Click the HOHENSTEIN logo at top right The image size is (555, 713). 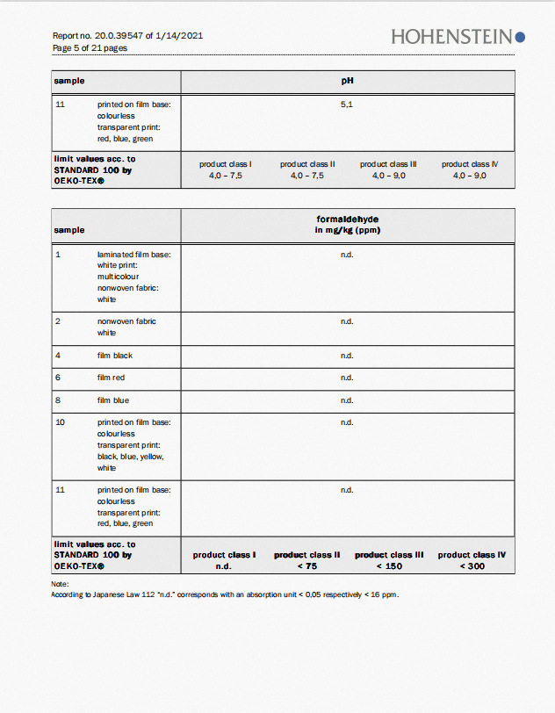(x=458, y=36)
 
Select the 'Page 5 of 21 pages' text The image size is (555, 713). (x=90, y=47)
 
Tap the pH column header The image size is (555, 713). (x=347, y=81)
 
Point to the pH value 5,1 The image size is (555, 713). (x=347, y=104)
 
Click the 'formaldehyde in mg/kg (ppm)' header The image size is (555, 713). (x=347, y=224)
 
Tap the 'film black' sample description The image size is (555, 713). (x=115, y=356)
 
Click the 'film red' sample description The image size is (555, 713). (x=112, y=378)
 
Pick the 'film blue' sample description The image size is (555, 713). (x=113, y=400)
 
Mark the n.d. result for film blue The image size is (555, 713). (x=347, y=400)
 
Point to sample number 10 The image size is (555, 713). (x=60, y=422)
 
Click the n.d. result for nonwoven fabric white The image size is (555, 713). (x=347, y=321)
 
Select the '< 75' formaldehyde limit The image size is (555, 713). (x=306, y=566)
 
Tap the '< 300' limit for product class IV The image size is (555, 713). (x=472, y=566)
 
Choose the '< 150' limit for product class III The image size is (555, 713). (x=389, y=566)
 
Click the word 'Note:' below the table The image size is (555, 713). (x=60, y=584)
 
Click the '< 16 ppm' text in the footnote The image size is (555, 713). (x=383, y=594)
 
